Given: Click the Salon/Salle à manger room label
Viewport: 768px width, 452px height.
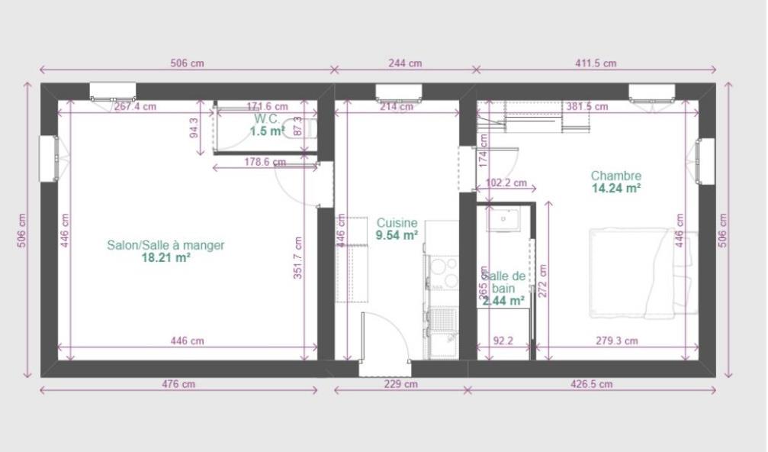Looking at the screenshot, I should [165, 245].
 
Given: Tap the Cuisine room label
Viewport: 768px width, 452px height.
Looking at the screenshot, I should [397, 223].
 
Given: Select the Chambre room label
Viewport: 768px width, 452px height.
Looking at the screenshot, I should [615, 176].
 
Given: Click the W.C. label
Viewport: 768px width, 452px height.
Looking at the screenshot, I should [267, 119].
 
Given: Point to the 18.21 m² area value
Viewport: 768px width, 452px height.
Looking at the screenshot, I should [165, 258].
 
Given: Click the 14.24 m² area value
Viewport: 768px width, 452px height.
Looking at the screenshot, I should [615, 188].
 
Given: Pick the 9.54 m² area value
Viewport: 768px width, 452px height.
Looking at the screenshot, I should [397, 235].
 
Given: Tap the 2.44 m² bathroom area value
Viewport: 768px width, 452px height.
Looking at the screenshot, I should [503, 302].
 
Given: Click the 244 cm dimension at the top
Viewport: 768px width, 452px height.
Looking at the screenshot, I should [405, 63].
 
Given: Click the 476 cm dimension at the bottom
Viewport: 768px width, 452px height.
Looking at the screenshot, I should [179, 384].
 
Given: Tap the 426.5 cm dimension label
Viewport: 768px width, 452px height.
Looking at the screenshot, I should [593, 384].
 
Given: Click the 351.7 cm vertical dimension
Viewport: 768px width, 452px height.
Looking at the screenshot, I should [298, 258].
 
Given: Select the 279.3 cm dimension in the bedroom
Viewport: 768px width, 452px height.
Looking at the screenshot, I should [616, 341].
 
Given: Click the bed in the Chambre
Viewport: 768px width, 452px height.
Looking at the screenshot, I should [641, 273].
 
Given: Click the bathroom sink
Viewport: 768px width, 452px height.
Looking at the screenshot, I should [503, 220].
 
